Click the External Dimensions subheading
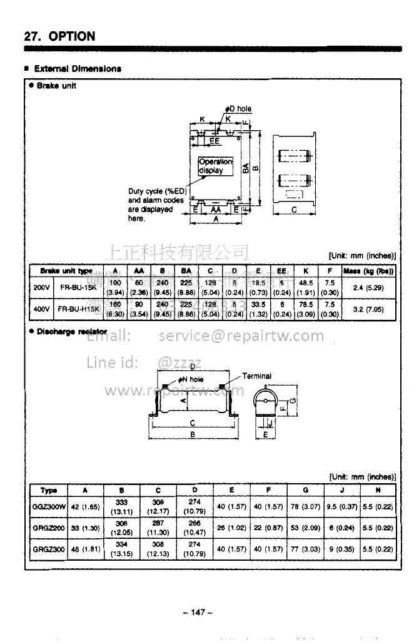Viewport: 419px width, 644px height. click(76, 69)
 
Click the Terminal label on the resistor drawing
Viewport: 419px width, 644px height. click(256, 376)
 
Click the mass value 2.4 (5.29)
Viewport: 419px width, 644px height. click(368, 288)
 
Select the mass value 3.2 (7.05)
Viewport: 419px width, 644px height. click(368, 309)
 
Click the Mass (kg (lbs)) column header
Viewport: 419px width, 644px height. click(368, 271)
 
